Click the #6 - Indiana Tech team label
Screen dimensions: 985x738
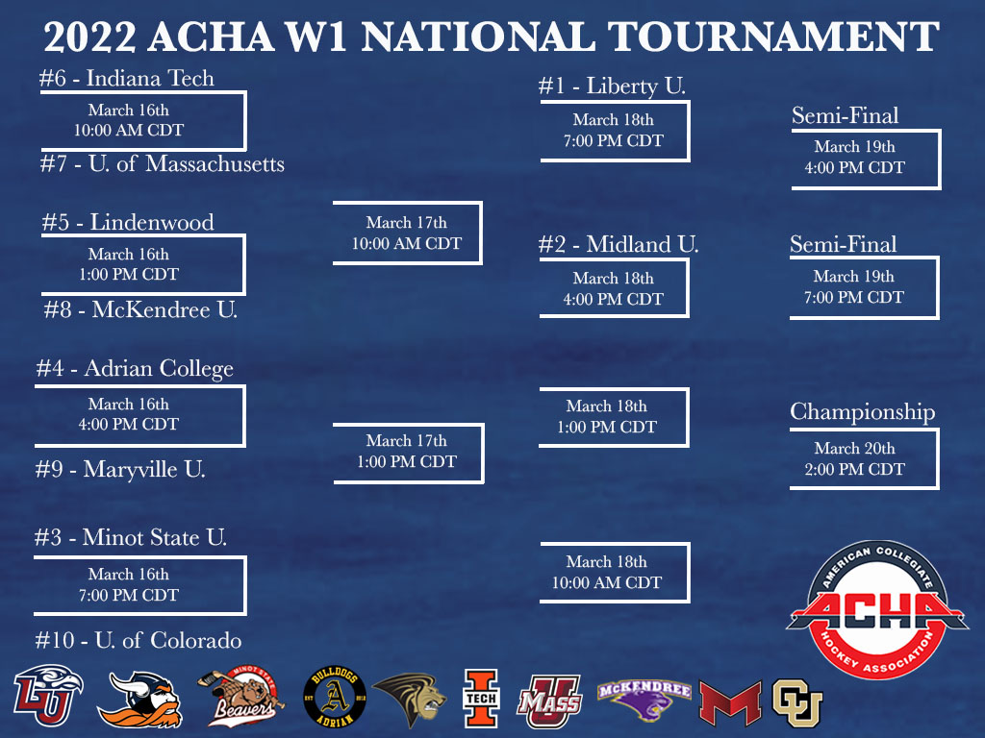[x=126, y=79]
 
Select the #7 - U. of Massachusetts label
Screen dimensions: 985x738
[x=162, y=163]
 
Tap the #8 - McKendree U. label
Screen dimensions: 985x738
[x=140, y=309]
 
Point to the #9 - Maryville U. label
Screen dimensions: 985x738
[x=120, y=469]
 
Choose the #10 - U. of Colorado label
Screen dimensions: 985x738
[x=139, y=640]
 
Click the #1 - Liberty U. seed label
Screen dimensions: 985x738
[x=612, y=86]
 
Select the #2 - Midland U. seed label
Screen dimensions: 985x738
[x=619, y=244]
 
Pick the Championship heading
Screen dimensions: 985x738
[x=863, y=411]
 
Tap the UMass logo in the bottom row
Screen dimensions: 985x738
[x=549, y=701]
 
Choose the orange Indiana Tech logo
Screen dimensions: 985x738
[x=481, y=698]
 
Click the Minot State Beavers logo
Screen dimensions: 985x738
[x=240, y=697]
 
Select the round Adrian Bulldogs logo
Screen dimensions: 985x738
[x=334, y=697]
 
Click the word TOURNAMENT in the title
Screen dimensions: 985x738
[x=774, y=37]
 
